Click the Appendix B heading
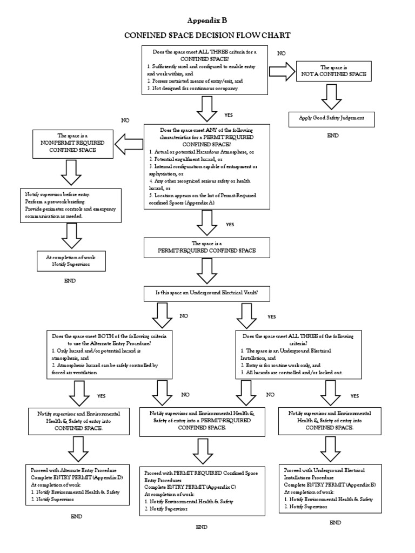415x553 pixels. (207, 21)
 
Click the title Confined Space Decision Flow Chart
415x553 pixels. (207, 36)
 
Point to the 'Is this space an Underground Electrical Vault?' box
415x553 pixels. (207, 293)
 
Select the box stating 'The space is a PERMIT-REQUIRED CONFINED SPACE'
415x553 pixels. (207, 248)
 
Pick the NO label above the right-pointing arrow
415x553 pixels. (282, 53)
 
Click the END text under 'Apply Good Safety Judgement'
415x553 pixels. (333, 136)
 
